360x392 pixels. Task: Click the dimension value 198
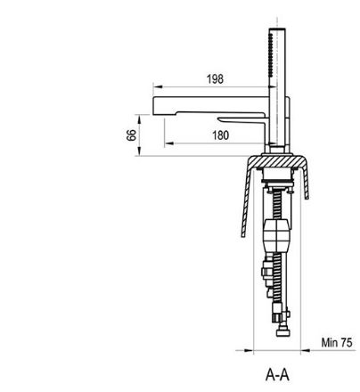(x=215, y=79)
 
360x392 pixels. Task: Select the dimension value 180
(x=221, y=135)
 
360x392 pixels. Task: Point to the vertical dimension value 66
(x=131, y=135)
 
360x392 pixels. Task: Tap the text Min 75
(x=337, y=342)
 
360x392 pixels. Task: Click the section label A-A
(x=277, y=375)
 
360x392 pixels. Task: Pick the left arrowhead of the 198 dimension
(x=158, y=86)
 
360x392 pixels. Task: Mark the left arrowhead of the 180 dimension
(x=169, y=143)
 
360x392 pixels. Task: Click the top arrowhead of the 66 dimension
(x=139, y=119)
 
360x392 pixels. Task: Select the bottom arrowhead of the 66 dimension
(x=139, y=151)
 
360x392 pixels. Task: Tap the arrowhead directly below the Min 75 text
(x=306, y=350)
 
